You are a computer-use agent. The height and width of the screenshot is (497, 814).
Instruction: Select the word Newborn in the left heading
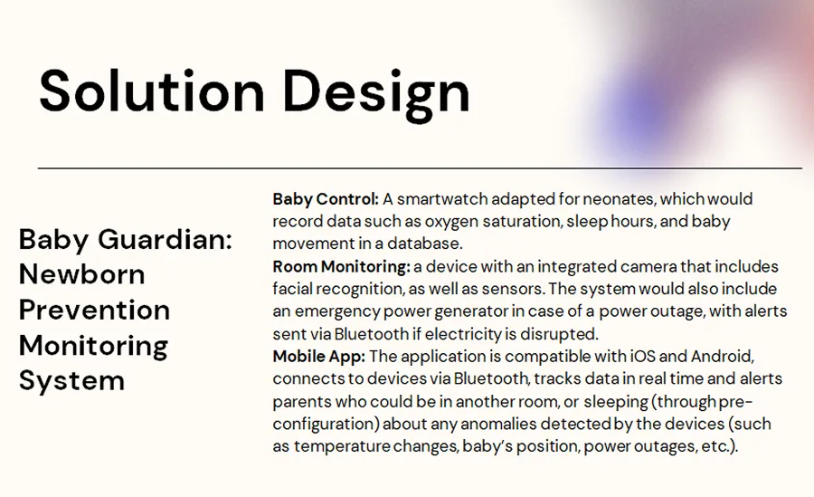[x=81, y=274]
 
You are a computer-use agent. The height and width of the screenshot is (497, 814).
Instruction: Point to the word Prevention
[x=94, y=310]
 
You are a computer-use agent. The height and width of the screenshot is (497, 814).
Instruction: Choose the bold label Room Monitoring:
[x=341, y=267]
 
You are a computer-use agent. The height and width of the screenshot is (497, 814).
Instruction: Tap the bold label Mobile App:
[x=319, y=356]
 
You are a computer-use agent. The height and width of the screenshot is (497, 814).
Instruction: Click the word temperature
[x=337, y=446]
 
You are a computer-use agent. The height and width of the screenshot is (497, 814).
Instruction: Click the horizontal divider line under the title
[x=420, y=168]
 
